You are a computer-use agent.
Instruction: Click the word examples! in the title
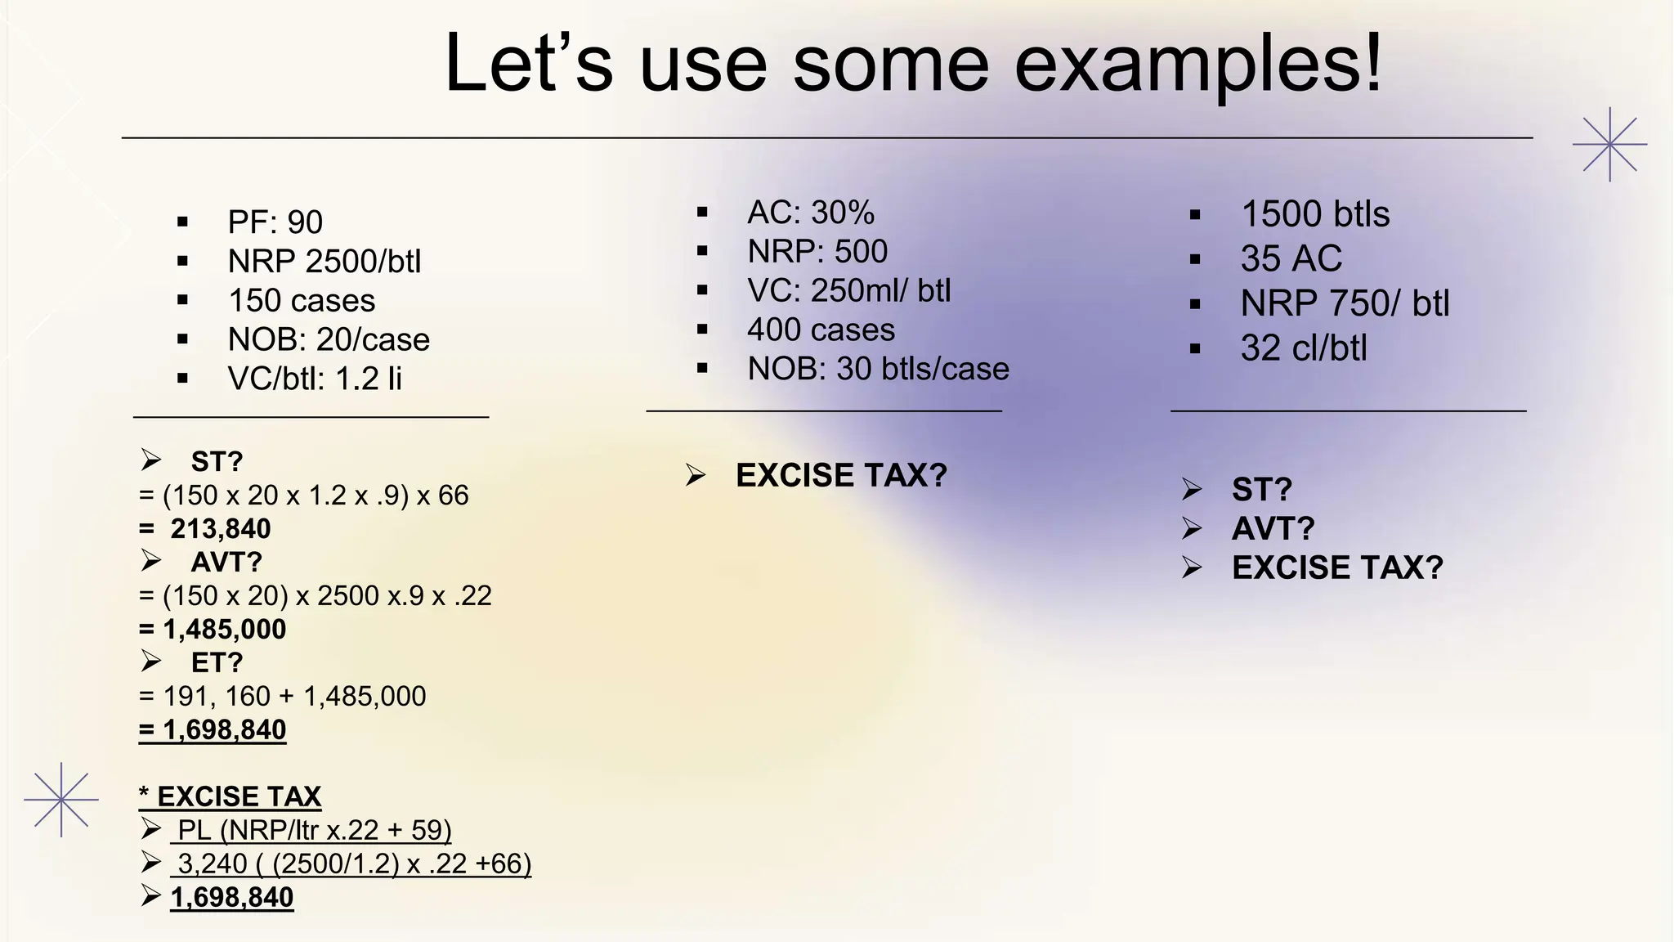pos(1197,65)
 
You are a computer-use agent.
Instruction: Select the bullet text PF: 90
pos(275,222)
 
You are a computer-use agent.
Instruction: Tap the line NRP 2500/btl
pos(324,262)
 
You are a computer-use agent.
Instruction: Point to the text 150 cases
pos(301,301)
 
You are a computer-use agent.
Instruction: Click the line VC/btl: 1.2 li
pos(315,379)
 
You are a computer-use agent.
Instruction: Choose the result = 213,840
pos(205,529)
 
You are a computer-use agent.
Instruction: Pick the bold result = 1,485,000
pos(213,630)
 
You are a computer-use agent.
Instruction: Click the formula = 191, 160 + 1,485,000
pos(283,697)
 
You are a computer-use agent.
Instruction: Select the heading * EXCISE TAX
pos(230,796)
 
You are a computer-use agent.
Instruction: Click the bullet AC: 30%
pos(810,213)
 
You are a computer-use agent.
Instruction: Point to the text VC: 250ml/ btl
pos(848,291)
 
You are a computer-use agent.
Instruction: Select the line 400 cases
pos(821,330)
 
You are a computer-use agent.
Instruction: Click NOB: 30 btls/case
pos(878,369)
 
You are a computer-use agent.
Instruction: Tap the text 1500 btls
pos(1314,214)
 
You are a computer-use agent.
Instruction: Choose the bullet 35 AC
pos(1291,259)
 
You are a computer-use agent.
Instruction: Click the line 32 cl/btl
pos(1303,348)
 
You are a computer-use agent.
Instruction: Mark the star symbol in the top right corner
pos(1609,144)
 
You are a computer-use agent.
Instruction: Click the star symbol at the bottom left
pos(61,800)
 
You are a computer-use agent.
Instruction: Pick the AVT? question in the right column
pos(1273,529)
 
